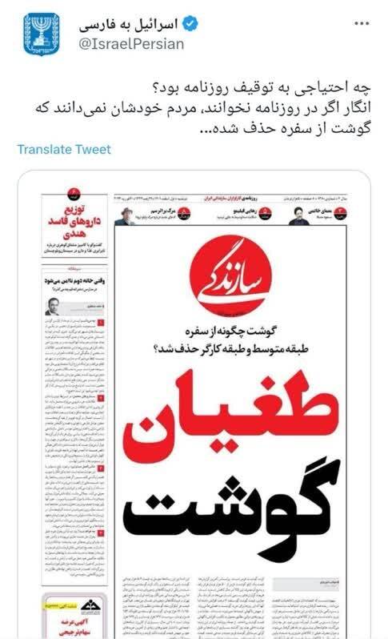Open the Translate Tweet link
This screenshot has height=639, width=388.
pos(64,150)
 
